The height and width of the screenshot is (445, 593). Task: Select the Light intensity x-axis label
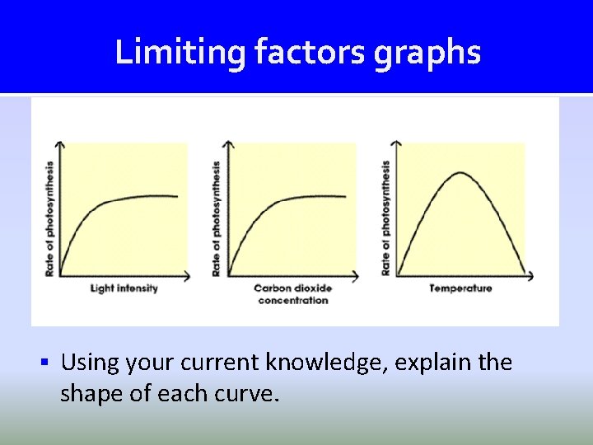click(x=124, y=288)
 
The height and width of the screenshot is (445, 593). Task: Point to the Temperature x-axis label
click(x=460, y=288)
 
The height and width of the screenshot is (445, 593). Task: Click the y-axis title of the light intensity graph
click(x=49, y=218)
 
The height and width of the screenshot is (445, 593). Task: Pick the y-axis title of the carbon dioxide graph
click(x=217, y=218)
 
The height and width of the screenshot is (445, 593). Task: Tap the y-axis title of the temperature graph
click(x=385, y=218)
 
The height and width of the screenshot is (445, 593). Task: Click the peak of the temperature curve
click(x=460, y=173)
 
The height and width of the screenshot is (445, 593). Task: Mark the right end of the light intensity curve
click(x=177, y=196)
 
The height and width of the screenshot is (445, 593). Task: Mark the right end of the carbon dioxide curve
click(x=345, y=196)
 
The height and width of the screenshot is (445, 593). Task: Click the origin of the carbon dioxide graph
click(x=229, y=275)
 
